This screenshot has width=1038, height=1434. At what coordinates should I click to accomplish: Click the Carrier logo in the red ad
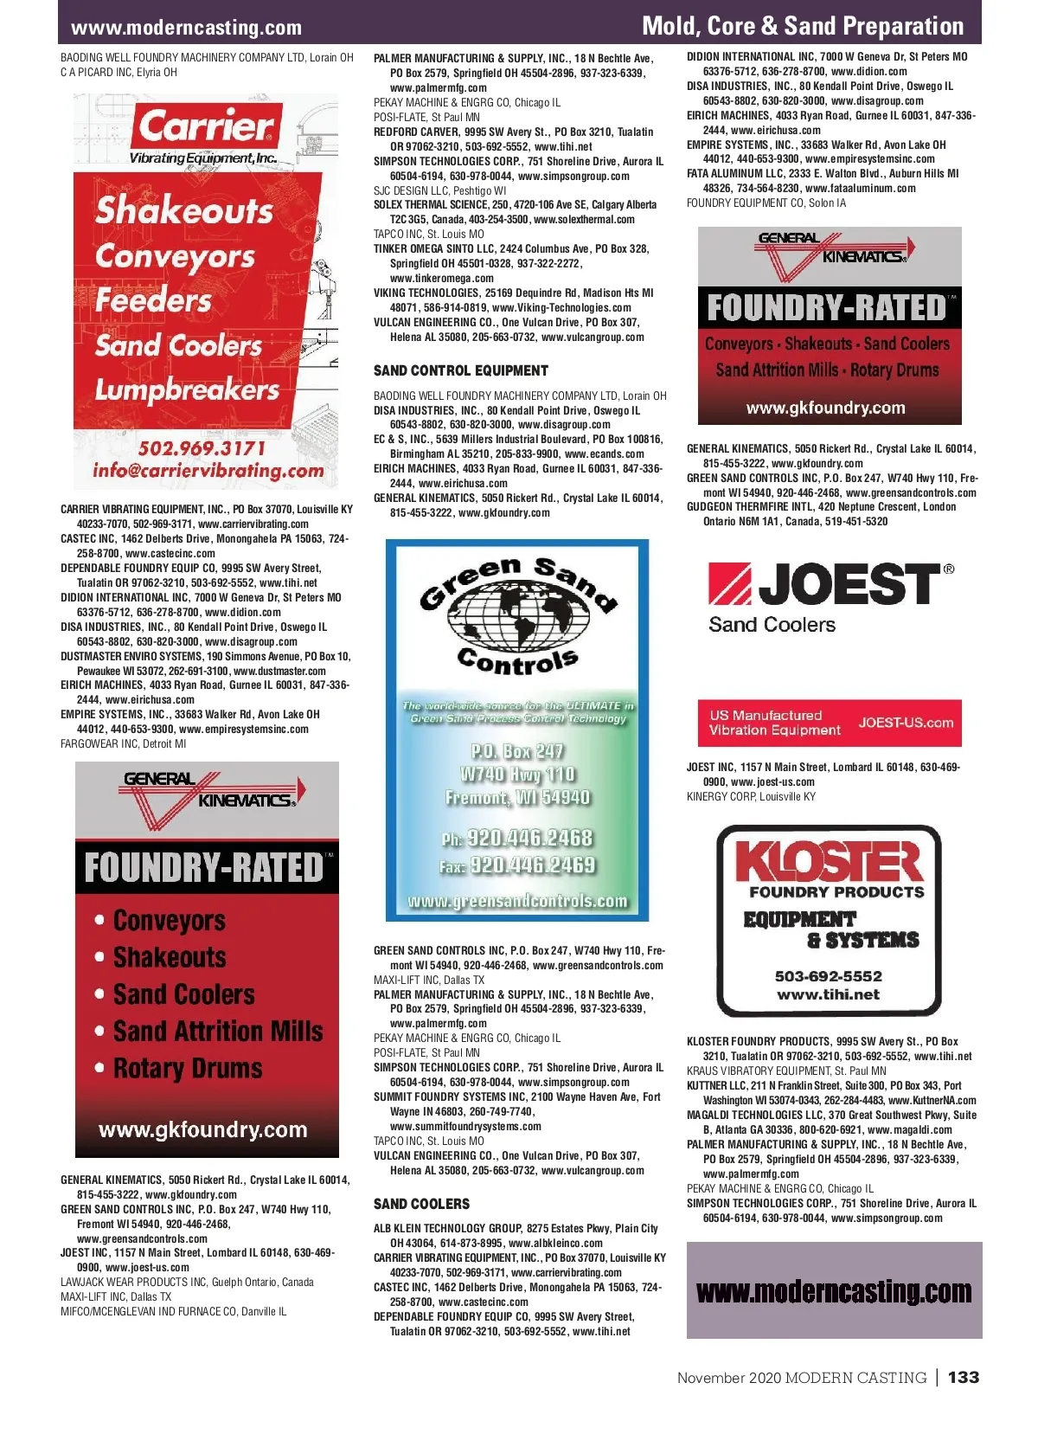[x=206, y=127]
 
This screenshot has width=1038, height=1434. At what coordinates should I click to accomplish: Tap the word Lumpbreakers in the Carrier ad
[x=187, y=390]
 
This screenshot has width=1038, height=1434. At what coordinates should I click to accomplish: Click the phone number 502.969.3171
[x=202, y=448]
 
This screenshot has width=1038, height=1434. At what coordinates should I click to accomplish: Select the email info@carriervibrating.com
[x=208, y=471]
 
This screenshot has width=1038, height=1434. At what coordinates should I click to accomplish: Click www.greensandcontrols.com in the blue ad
[x=517, y=901]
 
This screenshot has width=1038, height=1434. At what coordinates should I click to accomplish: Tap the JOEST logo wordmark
[x=849, y=584]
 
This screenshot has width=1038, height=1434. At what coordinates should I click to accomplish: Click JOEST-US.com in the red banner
[x=906, y=723]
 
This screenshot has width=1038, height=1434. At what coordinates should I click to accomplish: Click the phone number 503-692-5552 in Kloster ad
[x=828, y=976]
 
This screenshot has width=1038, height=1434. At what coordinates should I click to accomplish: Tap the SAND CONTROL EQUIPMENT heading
[x=460, y=370]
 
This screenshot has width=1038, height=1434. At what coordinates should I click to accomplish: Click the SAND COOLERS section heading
[x=421, y=1204]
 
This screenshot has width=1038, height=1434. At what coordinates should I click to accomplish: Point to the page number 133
[x=963, y=1377]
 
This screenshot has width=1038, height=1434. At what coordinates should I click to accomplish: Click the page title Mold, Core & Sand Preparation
[x=802, y=26]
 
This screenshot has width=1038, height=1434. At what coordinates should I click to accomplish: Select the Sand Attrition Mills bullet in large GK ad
[x=218, y=1031]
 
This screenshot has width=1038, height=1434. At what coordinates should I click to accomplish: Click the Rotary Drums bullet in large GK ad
[x=188, y=1068]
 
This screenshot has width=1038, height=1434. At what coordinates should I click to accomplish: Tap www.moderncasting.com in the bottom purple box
[x=834, y=1291]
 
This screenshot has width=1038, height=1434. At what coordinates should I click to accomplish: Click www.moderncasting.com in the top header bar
[x=186, y=28]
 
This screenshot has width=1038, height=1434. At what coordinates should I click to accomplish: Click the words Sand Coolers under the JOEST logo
[x=772, y=624]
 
